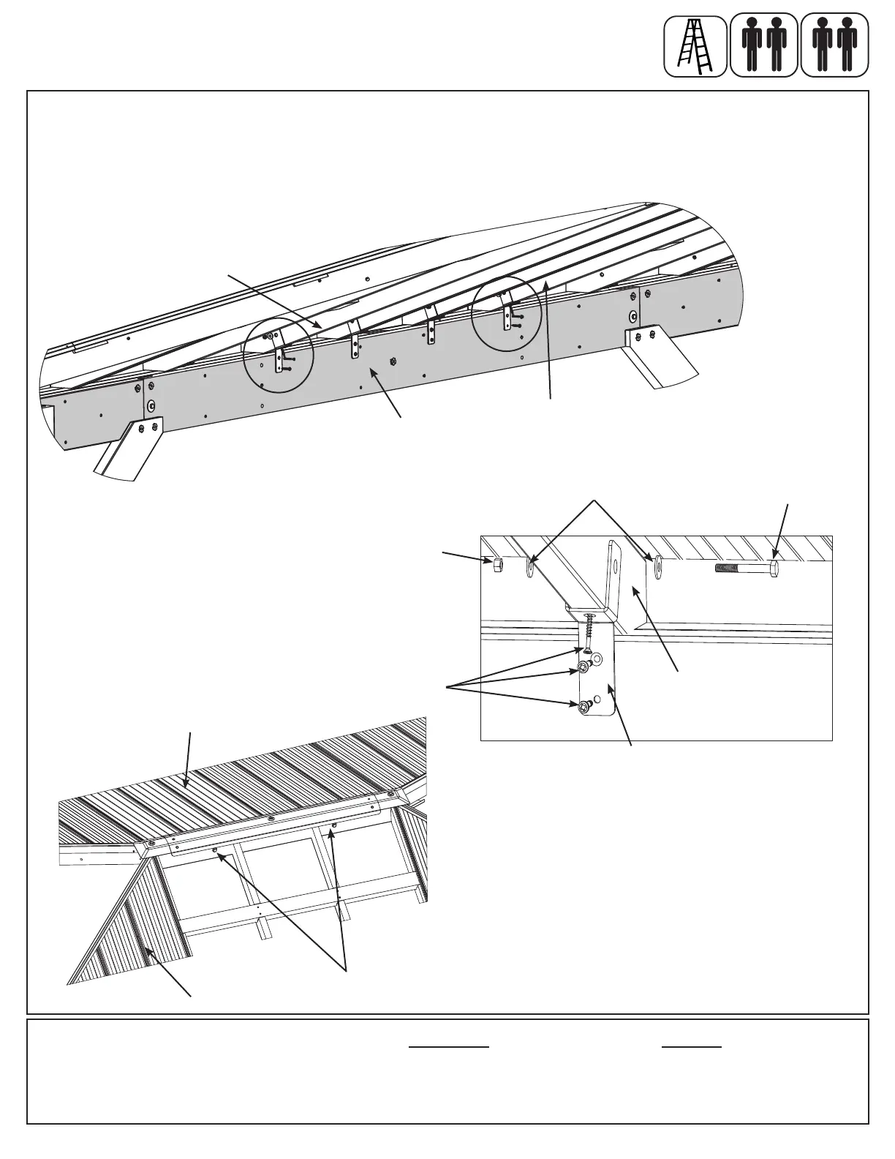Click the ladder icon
[x=695, y=46]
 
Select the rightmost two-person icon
[x=834, y=46]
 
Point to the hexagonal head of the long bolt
[x=774, y=569]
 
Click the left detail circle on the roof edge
[x=278, y=357]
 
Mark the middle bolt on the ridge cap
[x=271, y=818]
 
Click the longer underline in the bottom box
[x=448, y=1048]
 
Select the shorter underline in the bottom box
[x=692, y=1048]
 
